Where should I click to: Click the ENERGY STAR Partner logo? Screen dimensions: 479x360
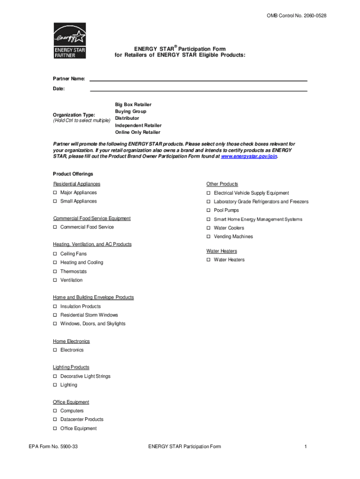coord(70,41)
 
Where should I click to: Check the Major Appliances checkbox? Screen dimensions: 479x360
coord(55,193)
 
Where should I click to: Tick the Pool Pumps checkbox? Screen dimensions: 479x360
coord(209,210)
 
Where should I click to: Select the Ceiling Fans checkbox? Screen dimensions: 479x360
coord(55,254)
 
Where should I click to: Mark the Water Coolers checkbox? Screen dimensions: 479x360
coord(209,228)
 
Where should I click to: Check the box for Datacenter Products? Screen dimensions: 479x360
coord(55,420)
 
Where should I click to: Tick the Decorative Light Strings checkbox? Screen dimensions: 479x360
coord(55,377)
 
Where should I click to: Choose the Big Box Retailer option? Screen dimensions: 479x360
coord(133,105)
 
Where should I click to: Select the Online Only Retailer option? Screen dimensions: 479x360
coord(137,132)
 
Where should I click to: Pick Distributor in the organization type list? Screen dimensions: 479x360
coord(127,118)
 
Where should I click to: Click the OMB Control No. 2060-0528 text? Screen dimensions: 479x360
coord(296,16)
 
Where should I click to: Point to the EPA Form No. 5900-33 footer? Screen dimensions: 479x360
coord(53,447)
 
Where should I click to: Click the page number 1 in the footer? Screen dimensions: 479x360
coord(305,447)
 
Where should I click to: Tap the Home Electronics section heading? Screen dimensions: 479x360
coord(71,341)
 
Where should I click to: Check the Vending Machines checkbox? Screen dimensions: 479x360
coord(209,237)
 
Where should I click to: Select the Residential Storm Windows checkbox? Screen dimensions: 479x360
coord(55,315)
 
